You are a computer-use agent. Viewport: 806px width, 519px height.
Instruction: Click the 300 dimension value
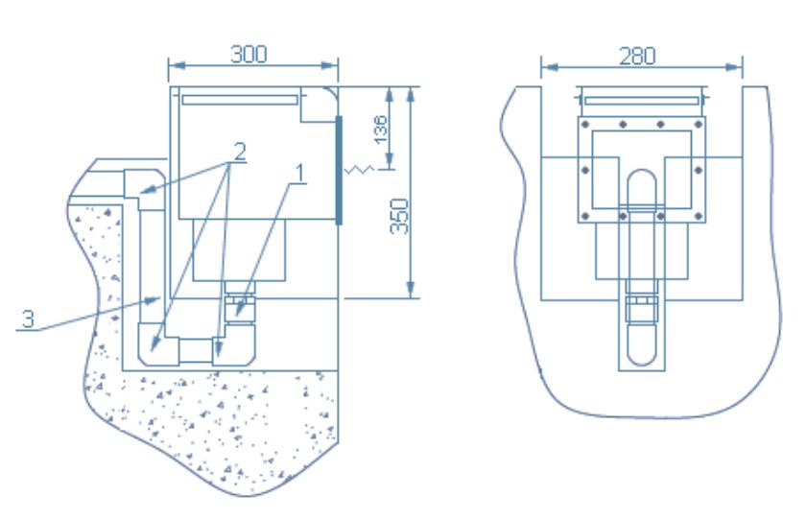[249, 55]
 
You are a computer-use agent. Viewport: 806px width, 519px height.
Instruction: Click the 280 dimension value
[637, 56]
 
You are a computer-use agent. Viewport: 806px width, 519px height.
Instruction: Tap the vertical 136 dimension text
[380, 130]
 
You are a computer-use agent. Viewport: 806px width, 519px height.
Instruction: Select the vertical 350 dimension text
[399, 217]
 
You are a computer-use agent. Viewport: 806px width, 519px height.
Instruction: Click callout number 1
[300, 174]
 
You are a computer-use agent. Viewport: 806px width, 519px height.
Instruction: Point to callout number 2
[240, 152]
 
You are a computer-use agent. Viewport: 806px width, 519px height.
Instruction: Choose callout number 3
[28, 319]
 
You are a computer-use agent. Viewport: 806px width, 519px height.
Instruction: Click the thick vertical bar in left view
[339, 170]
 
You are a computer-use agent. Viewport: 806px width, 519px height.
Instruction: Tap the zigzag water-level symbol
[359, 169]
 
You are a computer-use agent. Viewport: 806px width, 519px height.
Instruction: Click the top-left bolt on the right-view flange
[585, 125]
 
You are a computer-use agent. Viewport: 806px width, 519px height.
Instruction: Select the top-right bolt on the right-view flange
[699, 125]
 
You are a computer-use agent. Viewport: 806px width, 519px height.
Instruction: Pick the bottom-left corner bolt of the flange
[585, 217]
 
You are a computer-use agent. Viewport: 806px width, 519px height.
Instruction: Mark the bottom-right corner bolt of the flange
[699, 217]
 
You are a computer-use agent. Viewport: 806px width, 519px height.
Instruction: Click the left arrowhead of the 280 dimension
[550, 67]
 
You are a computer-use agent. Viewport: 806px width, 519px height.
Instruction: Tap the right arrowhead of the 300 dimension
[329, 65]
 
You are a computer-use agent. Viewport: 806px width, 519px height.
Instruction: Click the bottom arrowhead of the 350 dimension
[411, 290]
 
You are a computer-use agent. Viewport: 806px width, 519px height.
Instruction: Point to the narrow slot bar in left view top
[240, 100]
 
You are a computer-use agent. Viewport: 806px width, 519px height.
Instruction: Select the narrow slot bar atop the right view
[642, 100]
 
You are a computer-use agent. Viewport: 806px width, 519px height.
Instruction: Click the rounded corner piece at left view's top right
[319, 105]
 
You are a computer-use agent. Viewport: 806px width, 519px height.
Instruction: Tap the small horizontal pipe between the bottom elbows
[196, 350]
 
